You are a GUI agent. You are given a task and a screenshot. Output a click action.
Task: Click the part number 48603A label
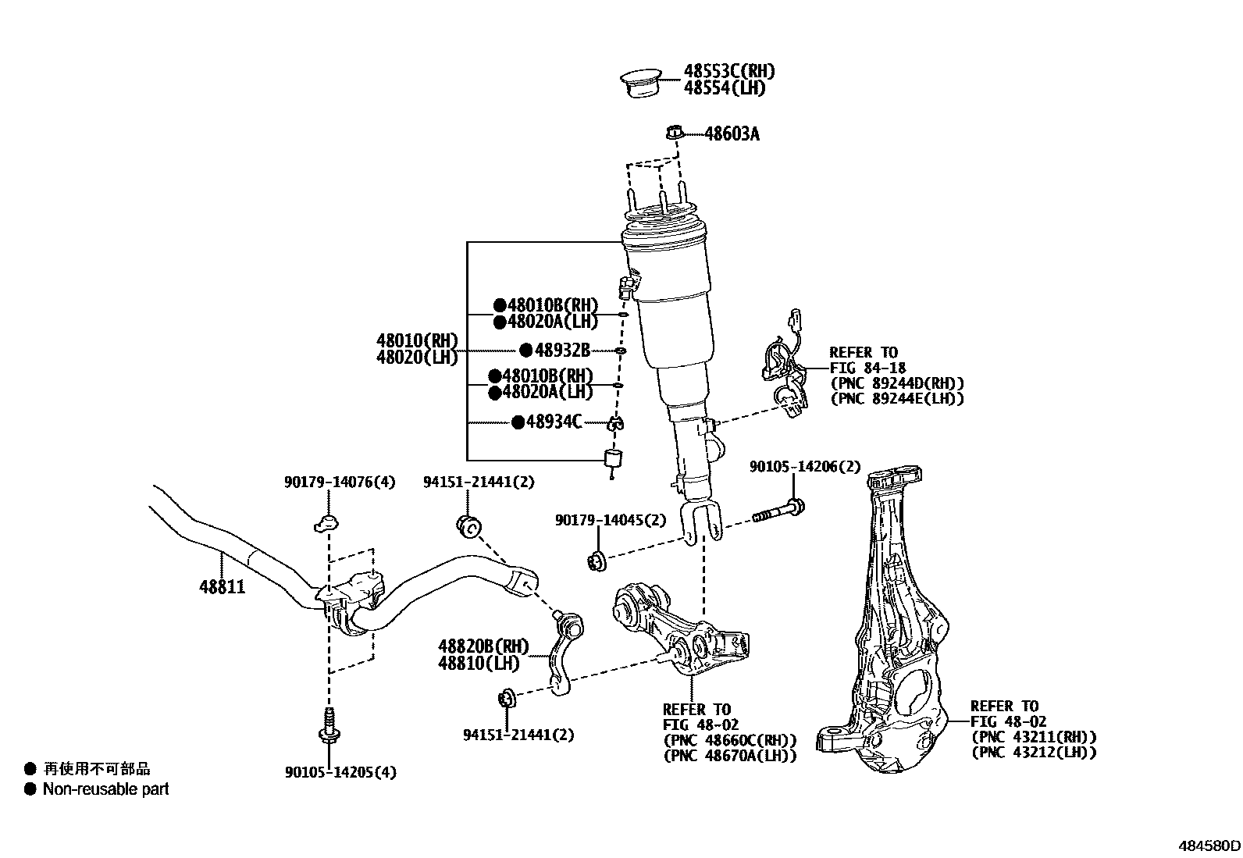732,134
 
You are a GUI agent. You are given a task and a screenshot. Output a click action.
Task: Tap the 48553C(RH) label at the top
729,71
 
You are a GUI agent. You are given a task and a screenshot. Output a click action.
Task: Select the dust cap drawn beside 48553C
641,83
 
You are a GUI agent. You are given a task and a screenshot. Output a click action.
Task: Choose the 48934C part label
554,422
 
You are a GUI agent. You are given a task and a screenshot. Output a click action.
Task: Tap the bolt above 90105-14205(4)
329,724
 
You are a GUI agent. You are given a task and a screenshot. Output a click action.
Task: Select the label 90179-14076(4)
340,482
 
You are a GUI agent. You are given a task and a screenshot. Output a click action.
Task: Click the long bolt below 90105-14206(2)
778,512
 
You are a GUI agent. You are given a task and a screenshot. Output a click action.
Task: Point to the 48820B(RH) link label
483,646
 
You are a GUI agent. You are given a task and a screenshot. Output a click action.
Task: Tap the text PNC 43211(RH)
1034,737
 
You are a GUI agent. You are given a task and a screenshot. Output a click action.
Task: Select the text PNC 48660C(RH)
729,740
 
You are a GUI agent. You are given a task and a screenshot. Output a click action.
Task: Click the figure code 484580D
1209,845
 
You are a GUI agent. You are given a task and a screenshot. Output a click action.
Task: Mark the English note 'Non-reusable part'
105,789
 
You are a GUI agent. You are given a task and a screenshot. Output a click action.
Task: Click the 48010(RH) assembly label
416,340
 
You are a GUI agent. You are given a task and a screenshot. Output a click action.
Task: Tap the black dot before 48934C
518,422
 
